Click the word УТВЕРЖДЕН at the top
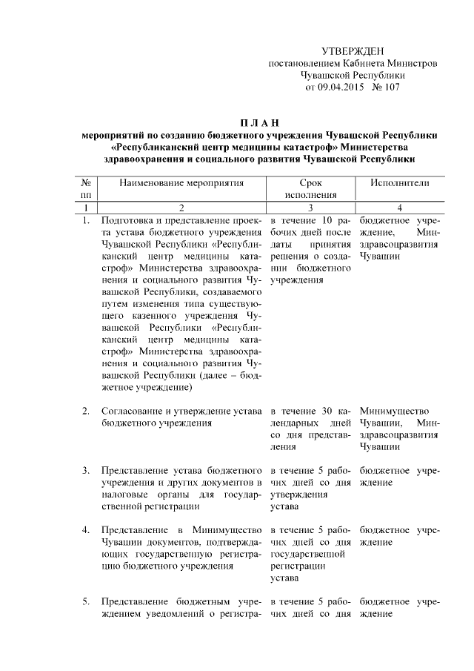[353, 51]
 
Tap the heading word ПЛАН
[258, 122]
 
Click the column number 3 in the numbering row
[310, 208]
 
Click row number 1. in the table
[86, 221]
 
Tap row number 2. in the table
[86, 411]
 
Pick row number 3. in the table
[86, 471]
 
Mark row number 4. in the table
[86, 530]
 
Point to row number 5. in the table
[86, 601]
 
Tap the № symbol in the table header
[86, 182]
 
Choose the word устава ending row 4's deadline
[284, 578]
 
